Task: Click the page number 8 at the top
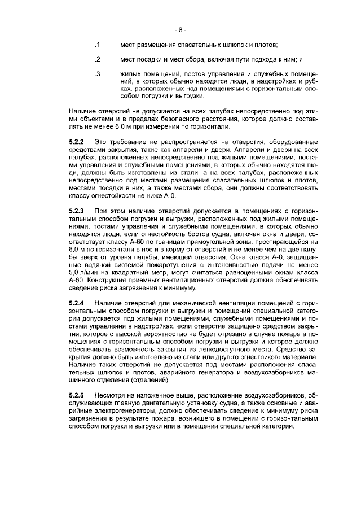coord(180,29)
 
